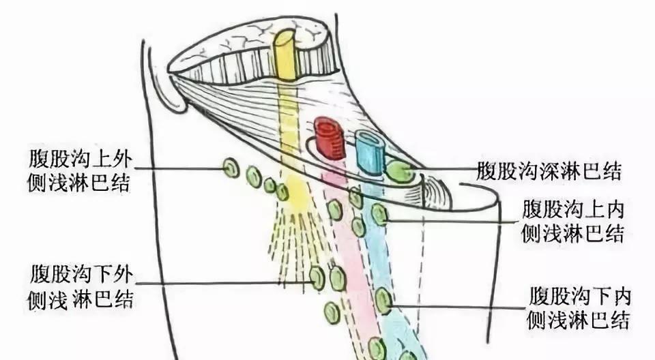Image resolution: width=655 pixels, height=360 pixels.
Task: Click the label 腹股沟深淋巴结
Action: pos(549,171)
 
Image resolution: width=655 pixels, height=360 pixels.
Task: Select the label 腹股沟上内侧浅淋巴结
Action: pos(572,221)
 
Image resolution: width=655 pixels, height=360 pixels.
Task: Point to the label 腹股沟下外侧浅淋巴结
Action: pos(81,288)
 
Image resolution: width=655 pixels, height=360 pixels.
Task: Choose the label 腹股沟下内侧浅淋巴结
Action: pos(579,307)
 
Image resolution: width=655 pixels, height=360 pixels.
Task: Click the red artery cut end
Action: pos(329,138)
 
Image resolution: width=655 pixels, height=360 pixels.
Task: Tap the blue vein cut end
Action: pos(369,152)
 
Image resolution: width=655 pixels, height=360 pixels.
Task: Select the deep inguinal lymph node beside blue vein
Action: pos(399,172)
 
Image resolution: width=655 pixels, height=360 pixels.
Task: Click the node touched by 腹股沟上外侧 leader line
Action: pos(231,168)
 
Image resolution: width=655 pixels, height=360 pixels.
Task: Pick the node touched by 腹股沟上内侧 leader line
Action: pos(380,215)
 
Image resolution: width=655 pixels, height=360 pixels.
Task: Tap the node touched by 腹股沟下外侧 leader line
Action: pos(317,277)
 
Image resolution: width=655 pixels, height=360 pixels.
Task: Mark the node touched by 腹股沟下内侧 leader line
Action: pos(383,301)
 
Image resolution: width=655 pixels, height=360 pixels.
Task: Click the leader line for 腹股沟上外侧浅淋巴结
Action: pos(179,169)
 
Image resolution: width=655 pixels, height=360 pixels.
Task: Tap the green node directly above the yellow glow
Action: pos(282,192)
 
